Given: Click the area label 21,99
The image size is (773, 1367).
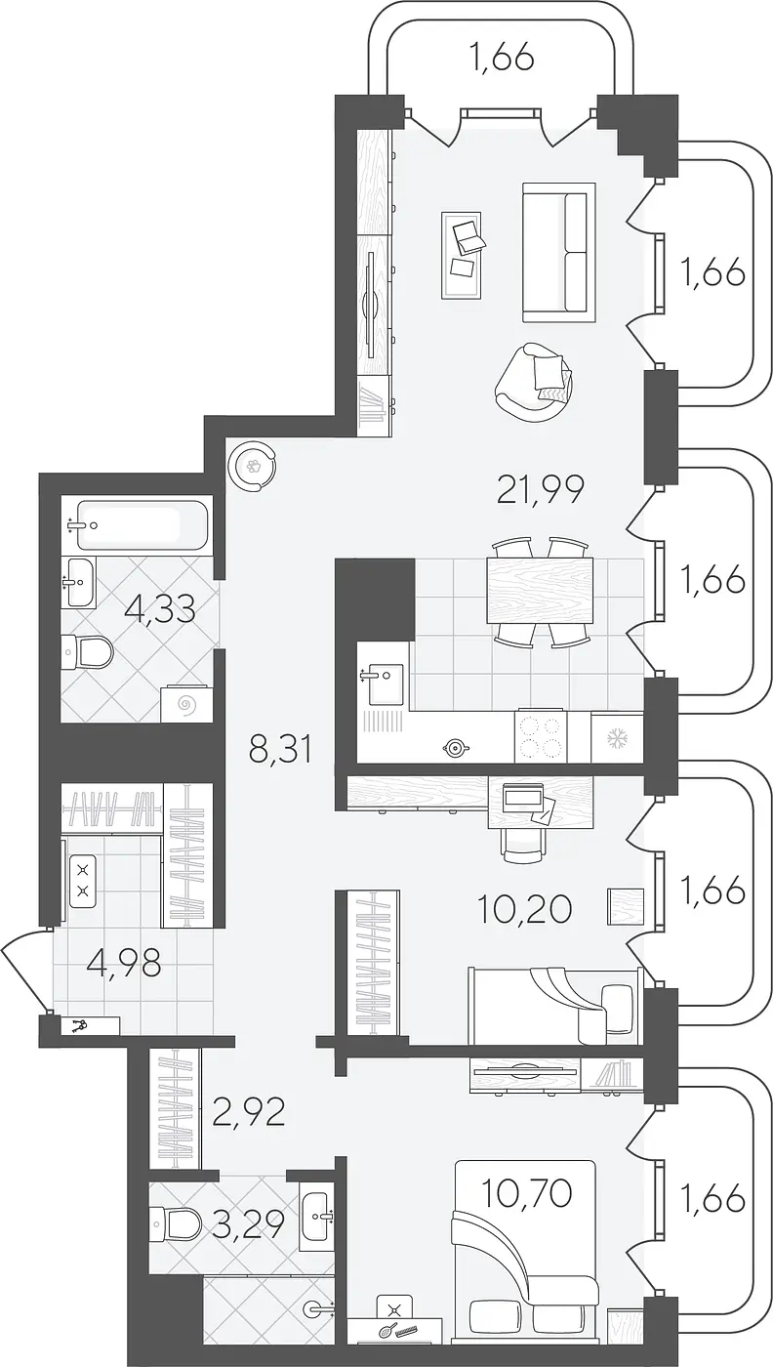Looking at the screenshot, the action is click(541, 489).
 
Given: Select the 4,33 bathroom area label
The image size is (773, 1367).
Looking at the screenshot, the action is click(159, 609).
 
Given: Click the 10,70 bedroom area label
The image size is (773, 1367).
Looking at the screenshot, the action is click(526, 1193).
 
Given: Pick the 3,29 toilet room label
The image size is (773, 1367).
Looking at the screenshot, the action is click(248, 1222).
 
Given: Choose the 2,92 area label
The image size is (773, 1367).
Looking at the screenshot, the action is click(248, 1112).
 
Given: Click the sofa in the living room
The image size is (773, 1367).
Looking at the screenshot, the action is click(558, 252).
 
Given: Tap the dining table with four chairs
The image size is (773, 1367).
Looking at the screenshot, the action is click(540, 590).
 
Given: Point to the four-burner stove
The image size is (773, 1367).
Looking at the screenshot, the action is click(540, 736).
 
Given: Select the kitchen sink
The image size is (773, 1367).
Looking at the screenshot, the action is click(384, 683).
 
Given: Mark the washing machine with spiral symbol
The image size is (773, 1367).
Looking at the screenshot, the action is click(185, 704).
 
